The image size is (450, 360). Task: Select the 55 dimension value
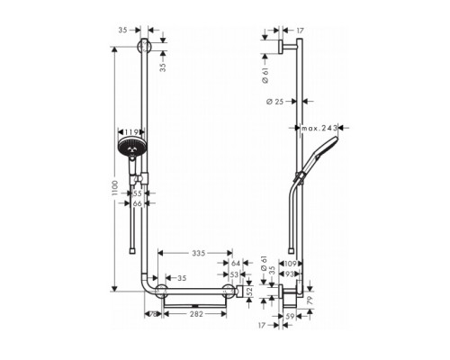point(137,193)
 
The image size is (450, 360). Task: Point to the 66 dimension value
point(137,204)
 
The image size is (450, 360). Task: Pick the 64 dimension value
point(235,263)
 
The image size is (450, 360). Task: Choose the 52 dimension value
point(248,293)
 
